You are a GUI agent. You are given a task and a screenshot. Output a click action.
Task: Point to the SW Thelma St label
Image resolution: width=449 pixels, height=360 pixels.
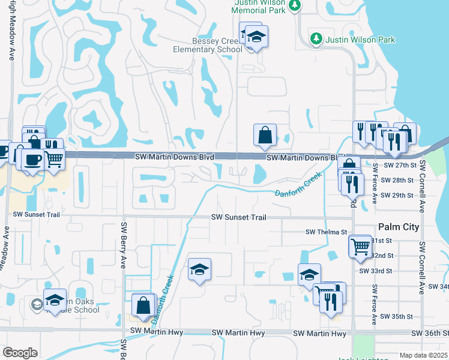(327, 232)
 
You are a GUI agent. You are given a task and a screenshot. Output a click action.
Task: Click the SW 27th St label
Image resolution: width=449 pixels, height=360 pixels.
(399, 165)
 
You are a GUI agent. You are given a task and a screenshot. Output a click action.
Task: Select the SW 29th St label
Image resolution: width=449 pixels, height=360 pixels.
(399, 196)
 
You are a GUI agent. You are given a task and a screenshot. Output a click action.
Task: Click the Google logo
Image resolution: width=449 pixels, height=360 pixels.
(20, 352)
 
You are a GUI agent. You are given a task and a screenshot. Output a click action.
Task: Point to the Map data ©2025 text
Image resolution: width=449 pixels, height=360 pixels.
(423, 355)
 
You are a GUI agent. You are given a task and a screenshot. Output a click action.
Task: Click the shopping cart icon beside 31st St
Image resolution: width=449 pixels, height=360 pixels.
(360, 245)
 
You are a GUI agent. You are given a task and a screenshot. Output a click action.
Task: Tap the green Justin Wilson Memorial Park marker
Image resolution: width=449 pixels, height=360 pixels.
(294, 5)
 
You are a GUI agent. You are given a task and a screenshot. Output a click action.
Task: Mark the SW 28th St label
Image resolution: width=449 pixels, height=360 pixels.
(399, 180)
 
